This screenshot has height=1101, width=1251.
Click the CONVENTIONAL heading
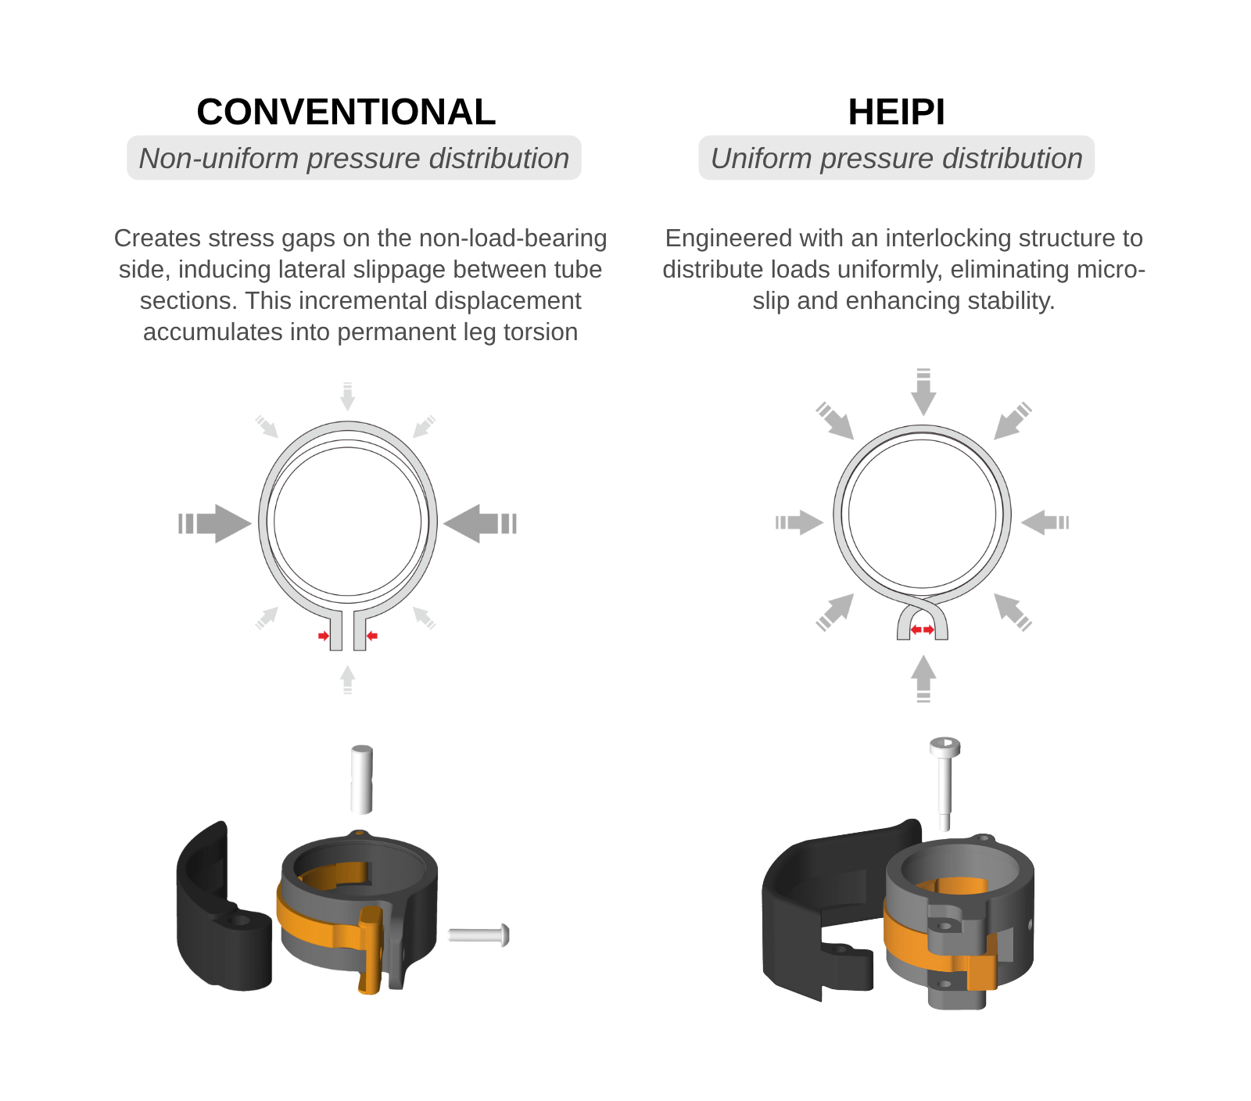(x=346, y=112)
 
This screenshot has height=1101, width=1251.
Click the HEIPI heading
(x=896, y=112)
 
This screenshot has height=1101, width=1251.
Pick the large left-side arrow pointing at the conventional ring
(x=215, y=523)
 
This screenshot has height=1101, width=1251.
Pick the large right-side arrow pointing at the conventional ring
(x=480, y=523)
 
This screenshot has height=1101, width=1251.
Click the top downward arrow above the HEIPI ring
(x=923, y=391)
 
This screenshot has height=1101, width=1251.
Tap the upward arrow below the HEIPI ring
(x=923, y=678)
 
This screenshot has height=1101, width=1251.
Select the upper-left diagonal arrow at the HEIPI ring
(x=835, y=421)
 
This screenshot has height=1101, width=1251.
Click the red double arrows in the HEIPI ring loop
(x=923, y=629)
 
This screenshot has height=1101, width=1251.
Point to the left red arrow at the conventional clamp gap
(x=324, y=636)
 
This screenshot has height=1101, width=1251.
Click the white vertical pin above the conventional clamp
(x=362, y=780)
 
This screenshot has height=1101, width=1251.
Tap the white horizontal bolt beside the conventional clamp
(x=479, y=934)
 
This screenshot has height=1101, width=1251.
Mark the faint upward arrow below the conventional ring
(x=348, y=679)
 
